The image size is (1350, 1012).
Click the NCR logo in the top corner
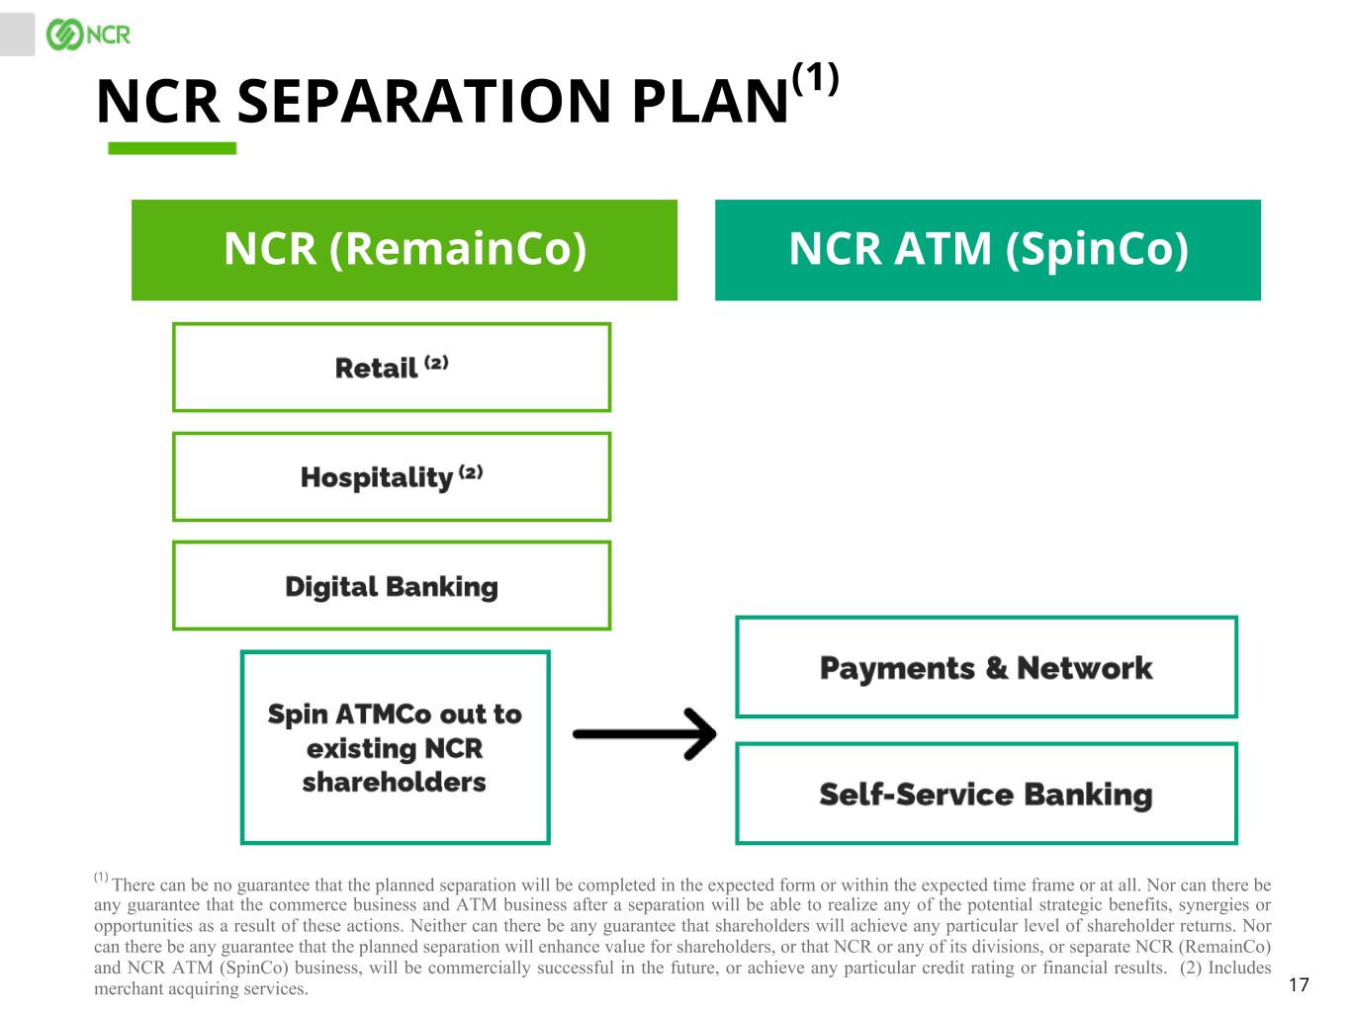coord(88,35)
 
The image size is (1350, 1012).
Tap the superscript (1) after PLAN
coord(816,78)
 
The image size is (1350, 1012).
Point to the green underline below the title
coord(172,148)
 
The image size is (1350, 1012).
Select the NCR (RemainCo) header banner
coord(405,249)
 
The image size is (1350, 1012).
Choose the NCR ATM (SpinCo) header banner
coord(987,249)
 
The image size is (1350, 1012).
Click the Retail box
coord(392,367)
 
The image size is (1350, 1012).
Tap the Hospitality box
coord(392,476)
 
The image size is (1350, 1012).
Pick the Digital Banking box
coord(392,585)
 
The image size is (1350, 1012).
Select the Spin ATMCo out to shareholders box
coord(395,747)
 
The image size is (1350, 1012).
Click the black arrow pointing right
coord(644,733)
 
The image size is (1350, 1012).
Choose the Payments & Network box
coord(986,667)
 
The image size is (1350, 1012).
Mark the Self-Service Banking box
coord(986,794)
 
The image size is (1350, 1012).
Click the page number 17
coord(1299,983)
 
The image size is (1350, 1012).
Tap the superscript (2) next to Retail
coord(436,362)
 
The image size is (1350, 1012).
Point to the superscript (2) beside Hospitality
coord(470,471)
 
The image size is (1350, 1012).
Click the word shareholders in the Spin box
coord(394,782)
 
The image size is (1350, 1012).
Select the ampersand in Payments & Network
coord(996,668)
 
